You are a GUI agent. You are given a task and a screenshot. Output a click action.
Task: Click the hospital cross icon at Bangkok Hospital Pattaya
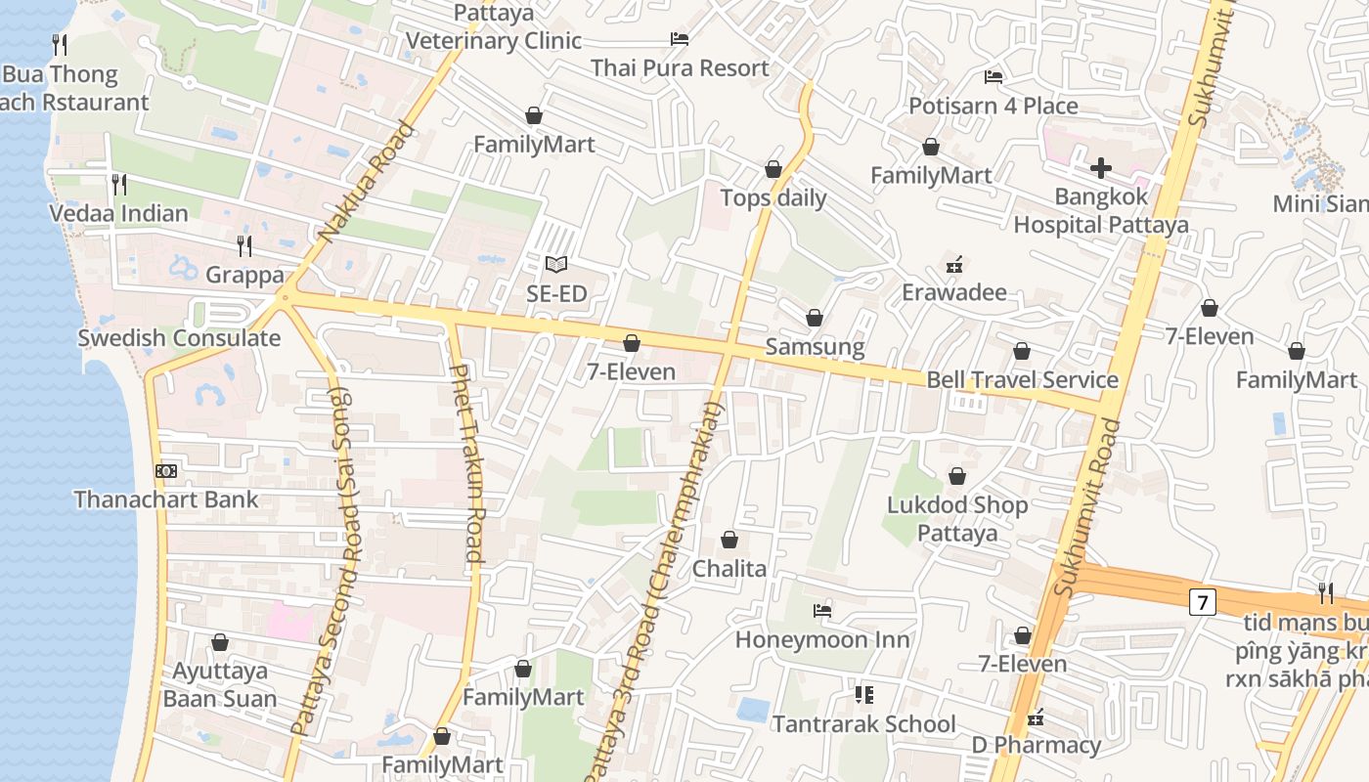pos(1101,168)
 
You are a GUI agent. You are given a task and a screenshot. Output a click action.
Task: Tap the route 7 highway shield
pos(1202,602)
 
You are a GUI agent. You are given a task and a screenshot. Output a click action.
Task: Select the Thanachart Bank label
pos(166,500)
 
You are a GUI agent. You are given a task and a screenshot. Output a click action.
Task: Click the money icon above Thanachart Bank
pos(166,471)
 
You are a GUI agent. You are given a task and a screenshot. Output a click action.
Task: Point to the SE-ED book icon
pos(556,264)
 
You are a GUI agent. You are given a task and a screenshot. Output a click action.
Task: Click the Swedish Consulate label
pos(179,338)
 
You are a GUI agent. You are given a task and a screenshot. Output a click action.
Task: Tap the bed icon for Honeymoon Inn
pos(822,611)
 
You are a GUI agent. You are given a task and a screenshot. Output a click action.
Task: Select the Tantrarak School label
pos(863,724)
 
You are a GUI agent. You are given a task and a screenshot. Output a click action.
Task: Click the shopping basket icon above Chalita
pos(729,540)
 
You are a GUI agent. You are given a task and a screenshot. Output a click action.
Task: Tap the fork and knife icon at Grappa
pos(244,245)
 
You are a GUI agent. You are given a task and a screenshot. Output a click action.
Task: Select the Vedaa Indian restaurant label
pos(119,213)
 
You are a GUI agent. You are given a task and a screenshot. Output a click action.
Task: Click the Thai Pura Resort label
pos(680,68)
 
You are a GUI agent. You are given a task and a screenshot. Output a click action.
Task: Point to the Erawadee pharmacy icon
pos(954,264)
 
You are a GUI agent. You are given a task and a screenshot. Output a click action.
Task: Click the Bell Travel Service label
pos(1022,380)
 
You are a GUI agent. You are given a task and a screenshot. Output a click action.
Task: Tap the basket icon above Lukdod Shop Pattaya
pos(957,476)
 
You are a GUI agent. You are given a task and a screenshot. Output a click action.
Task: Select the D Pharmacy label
pos(1036,746)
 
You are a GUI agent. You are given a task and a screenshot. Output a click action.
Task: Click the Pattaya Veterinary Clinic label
pos(494,27)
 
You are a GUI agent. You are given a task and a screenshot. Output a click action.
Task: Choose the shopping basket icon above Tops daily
pos(773,169)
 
